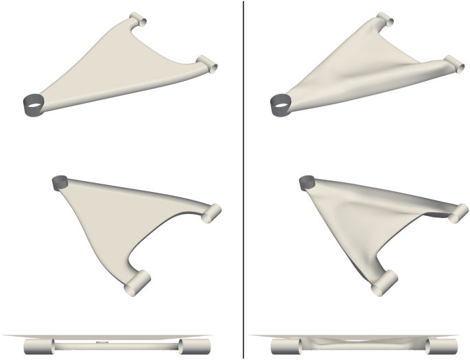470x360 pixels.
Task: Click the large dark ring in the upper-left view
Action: [x=34, y=105]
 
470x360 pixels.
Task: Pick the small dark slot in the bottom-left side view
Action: [x=103, y=341]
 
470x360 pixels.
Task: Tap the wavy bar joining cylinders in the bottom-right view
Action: [x=357, y=343]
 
